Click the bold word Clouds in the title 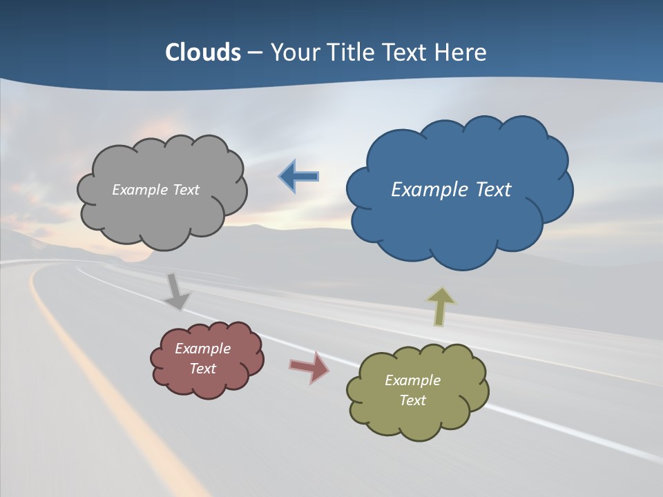203,52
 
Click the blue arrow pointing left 299,177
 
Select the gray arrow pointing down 177,291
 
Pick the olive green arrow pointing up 441,306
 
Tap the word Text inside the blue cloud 493,190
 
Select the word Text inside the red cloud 202,369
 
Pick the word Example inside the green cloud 412,380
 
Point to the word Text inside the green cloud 412,400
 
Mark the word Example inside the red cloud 202,349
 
